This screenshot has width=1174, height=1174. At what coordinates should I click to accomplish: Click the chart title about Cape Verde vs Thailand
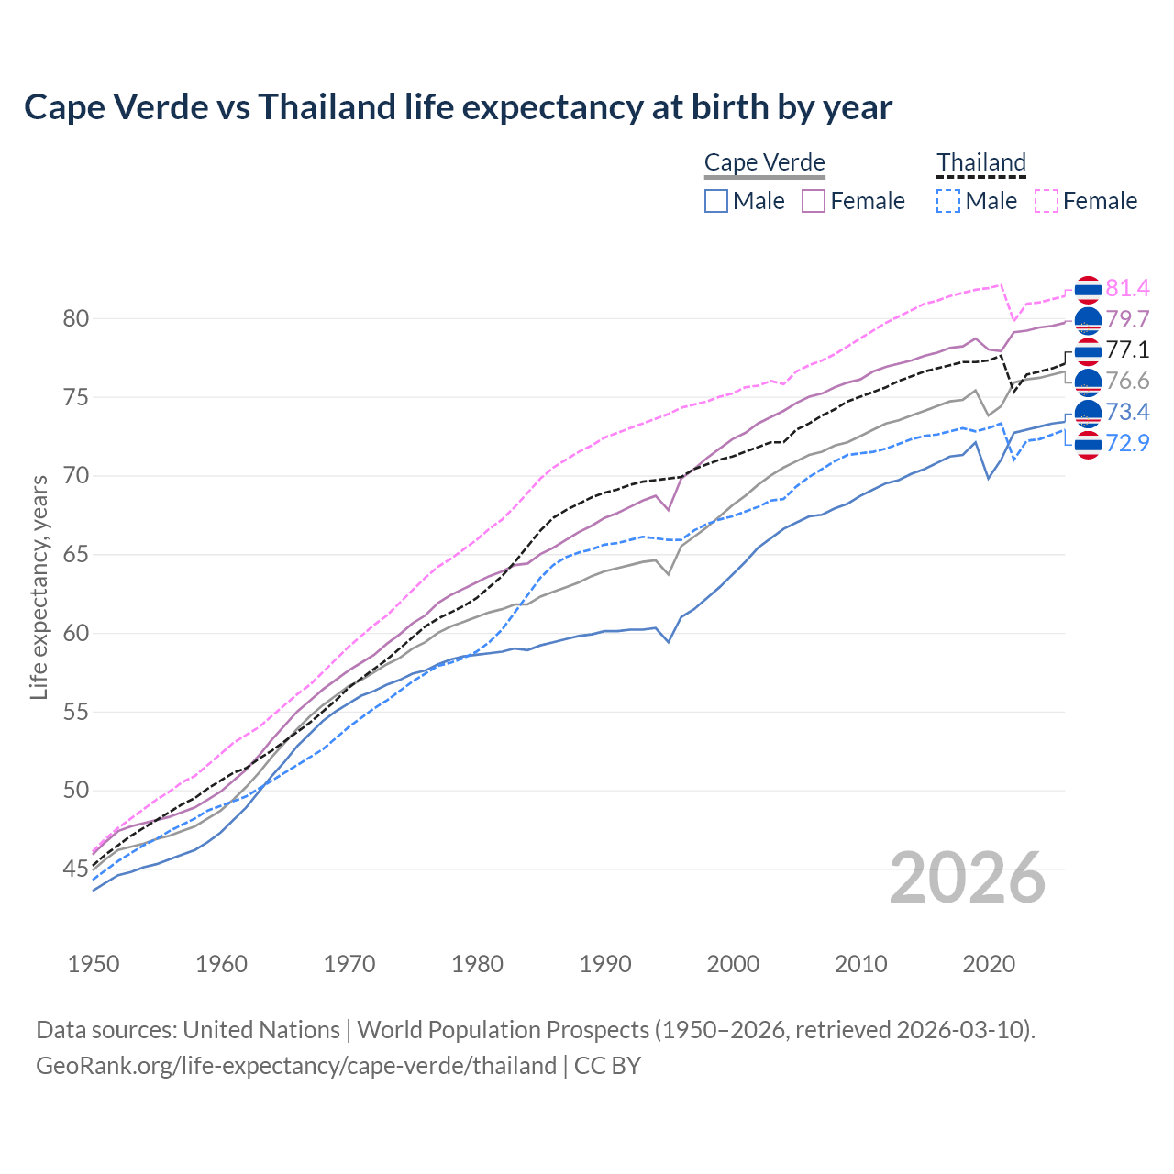458,107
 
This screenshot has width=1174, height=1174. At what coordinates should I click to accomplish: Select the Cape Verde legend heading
764,162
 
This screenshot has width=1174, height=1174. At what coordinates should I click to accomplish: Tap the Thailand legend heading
980,162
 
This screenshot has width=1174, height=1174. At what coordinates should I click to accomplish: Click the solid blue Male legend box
716,201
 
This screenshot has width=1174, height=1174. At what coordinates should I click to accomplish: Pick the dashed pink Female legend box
1047,201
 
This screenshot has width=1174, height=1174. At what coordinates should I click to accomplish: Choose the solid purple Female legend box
814,201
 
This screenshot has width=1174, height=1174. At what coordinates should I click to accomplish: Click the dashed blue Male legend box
948,201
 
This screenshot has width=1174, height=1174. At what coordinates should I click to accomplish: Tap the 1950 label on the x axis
94,964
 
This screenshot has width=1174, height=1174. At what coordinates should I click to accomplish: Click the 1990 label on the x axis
605,964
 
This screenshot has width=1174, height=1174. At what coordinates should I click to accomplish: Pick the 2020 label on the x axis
989,964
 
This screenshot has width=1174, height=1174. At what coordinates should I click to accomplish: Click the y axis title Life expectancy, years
39,587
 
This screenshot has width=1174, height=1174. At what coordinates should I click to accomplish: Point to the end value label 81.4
1127,289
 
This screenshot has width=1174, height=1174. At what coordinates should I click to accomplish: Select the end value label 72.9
1127,444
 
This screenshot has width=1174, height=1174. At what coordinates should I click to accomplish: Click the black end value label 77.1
1127,350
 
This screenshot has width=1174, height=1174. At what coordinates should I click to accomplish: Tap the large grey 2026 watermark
968,878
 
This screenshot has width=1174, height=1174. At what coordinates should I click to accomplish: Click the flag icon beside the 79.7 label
1087,320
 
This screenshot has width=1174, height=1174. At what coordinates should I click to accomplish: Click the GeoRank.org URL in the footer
296,1066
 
